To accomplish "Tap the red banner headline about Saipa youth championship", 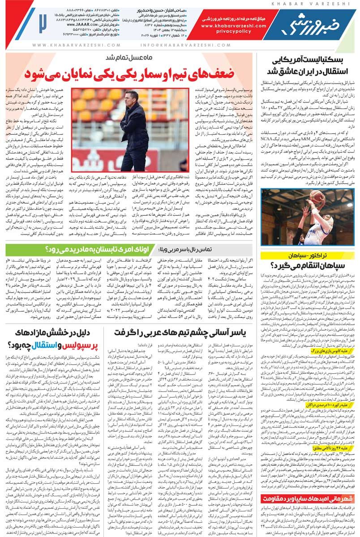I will coord(309,495).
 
